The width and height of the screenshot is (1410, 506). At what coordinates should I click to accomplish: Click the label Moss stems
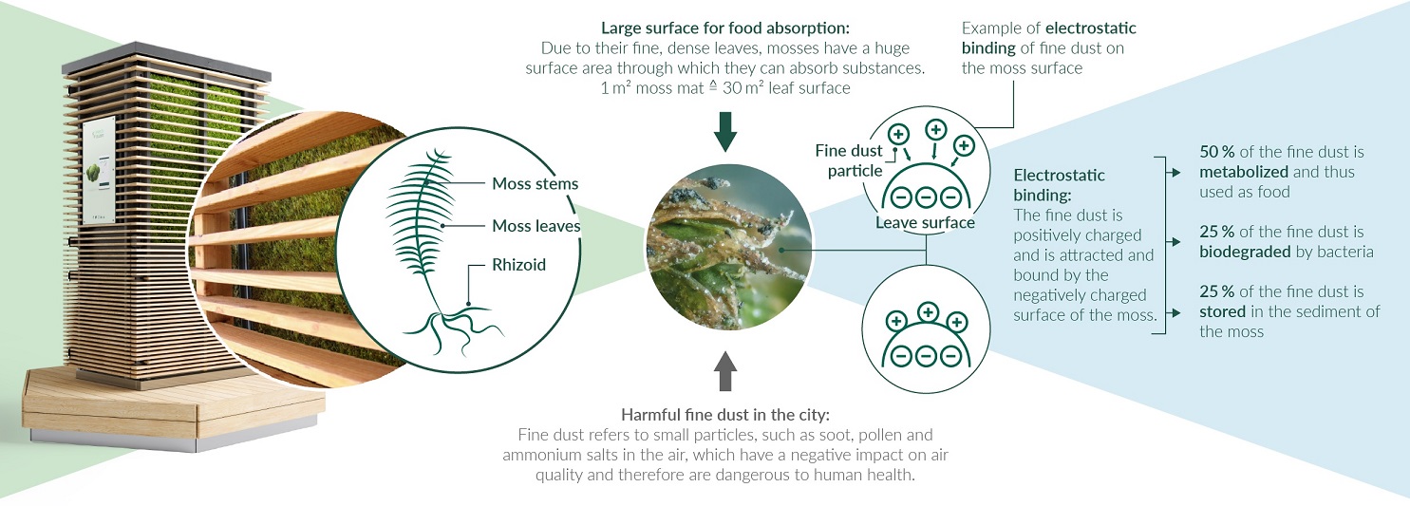[535, 184]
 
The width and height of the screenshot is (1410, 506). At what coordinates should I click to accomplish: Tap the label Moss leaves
[536, 226]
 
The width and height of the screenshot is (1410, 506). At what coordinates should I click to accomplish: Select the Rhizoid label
[518, 265]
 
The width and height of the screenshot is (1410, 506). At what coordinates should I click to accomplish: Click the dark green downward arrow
[725, 132]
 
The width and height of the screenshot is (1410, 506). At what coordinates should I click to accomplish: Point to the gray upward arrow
[725, 370]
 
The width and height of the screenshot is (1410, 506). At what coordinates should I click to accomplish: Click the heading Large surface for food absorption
[725, 28]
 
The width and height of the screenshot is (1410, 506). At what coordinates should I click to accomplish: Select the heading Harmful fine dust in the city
[724, 415]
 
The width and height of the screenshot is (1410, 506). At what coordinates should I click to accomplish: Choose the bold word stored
[1222, 311]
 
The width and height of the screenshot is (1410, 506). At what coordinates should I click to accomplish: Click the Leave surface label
[925, 223]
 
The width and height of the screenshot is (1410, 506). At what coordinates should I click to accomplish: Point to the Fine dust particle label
[849, 160]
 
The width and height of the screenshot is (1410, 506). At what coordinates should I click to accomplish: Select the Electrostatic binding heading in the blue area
[1060, 185]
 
